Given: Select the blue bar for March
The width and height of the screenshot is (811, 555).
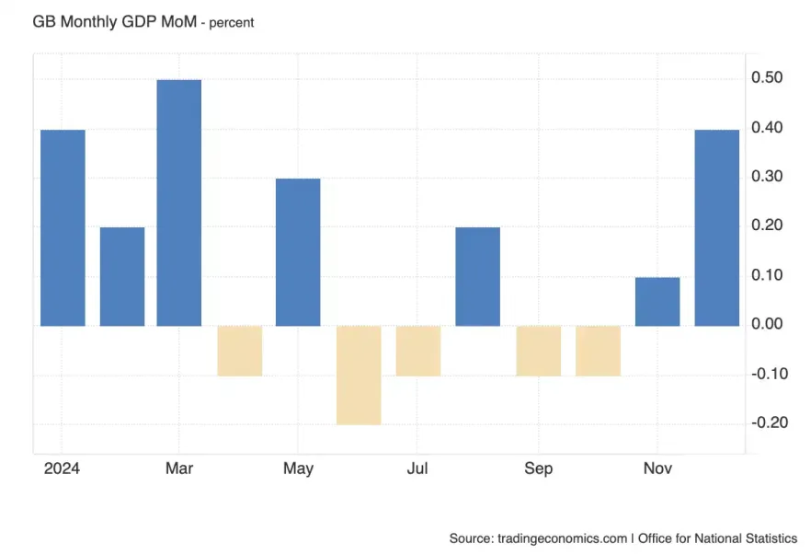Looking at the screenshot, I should [178, 202].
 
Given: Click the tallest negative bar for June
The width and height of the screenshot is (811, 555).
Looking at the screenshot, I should [359, 375].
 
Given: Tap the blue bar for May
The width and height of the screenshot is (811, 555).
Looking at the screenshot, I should [298, 251].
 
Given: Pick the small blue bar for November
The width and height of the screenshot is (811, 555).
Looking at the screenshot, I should [657, 301].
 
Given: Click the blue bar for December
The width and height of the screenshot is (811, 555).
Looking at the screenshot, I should [716, 227].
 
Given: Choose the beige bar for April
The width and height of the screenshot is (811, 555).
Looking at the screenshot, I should [240, 350].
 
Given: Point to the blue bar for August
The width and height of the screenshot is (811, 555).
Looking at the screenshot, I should [478, 276].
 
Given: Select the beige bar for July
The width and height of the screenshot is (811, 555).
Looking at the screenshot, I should [418, 350].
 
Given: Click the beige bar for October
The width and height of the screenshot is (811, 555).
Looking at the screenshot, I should [598, 350].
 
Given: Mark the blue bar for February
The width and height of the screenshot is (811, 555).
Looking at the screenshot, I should [122, 276].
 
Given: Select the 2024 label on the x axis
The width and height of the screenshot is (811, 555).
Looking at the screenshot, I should [62, 468].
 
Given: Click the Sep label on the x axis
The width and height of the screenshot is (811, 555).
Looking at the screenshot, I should [538, 468].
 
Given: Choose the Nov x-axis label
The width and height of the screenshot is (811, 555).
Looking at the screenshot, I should [657, 468].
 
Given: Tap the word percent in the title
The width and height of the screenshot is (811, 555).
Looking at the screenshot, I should [231, 22].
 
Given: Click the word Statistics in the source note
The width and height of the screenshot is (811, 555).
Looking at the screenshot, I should [768, 538].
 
